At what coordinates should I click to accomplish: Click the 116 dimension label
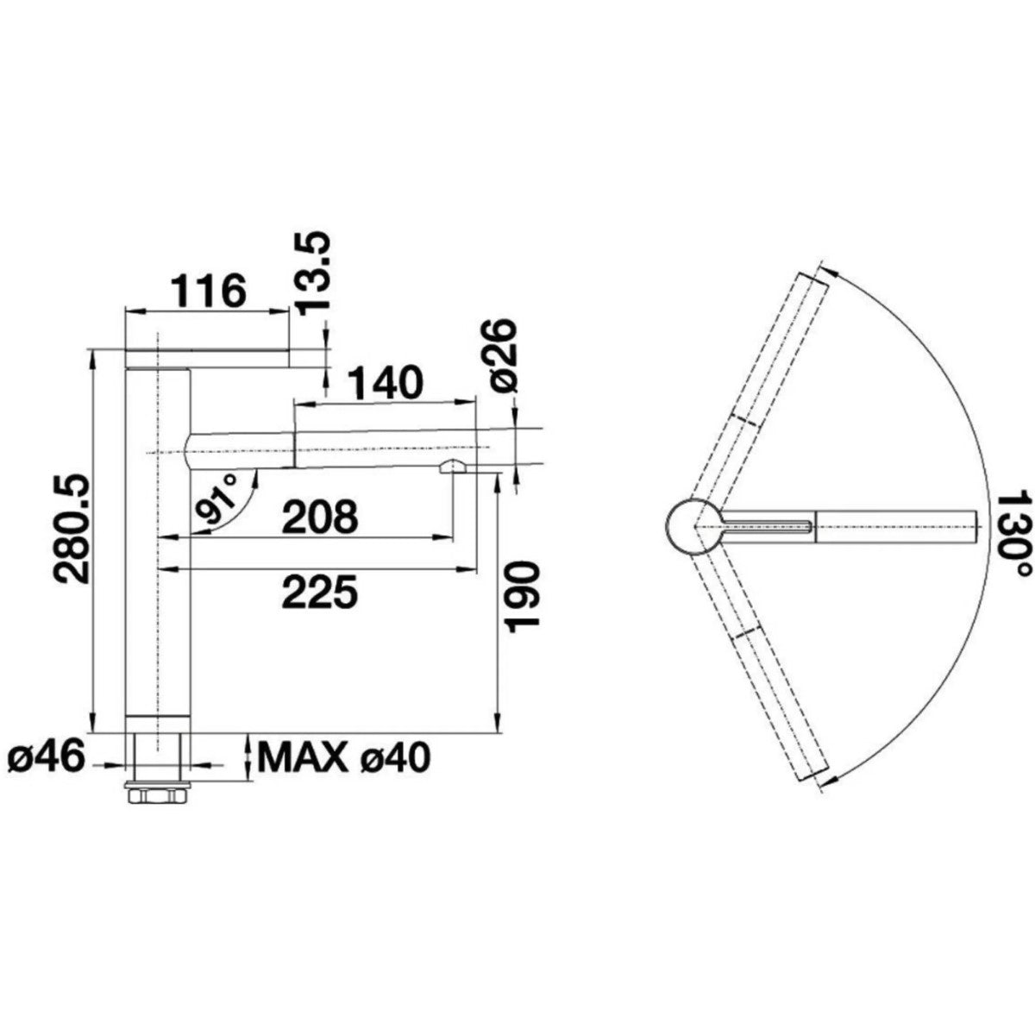coord(209,290)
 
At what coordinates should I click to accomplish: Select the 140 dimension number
coord(384,382)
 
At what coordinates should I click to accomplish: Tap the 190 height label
coord(520,597)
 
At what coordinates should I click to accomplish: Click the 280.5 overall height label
coord(73,520)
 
